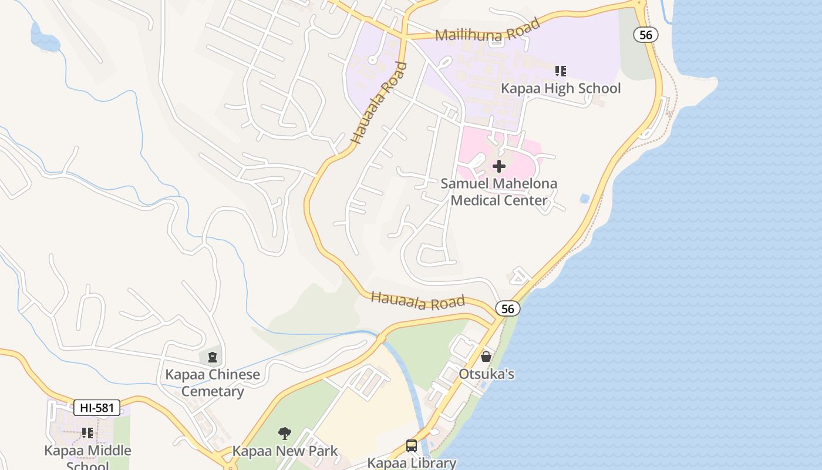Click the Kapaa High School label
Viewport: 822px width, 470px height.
[560, 88]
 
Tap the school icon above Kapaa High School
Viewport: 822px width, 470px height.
[561, 71]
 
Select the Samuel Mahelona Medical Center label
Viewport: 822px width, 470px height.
[499, 192]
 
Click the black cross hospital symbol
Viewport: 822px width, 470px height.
[499, 166]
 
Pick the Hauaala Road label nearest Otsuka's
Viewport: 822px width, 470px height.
[417, 300]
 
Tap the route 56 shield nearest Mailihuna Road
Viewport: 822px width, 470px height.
[645, 35]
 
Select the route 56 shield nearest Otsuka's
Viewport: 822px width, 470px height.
[507, 308]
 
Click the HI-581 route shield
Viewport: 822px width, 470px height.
[97, 408]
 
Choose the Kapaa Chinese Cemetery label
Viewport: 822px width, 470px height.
[212, 382]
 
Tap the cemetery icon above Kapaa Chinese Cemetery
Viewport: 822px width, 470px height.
[212, 356]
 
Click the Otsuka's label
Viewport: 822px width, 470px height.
[486, 374]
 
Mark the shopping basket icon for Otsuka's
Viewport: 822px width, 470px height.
[486, 356]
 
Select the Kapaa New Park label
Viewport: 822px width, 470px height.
[285, 451]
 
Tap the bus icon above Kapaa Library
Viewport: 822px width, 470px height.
[412, 446]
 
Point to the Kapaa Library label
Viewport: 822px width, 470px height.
[412, 462]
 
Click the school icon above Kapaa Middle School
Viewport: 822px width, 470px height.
[87, 433]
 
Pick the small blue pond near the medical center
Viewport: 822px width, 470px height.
[584, 199]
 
